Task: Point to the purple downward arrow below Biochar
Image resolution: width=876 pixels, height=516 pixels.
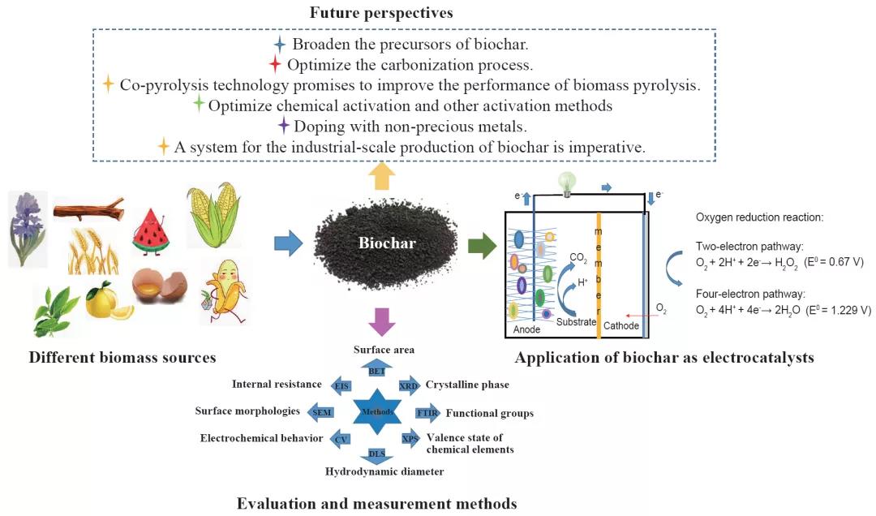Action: tap(381, 320)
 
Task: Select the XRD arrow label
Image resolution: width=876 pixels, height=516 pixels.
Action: tap(410, 386)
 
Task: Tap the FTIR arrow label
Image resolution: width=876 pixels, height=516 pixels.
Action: tap(427, 413)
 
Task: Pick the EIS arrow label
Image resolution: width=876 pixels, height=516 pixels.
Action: tap(341, 385)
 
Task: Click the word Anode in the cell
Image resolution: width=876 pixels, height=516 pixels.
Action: tap(527, 330)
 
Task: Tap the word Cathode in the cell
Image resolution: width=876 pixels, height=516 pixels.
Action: tap(621, 326)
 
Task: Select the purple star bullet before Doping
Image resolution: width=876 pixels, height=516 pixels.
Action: tap(283, 125)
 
